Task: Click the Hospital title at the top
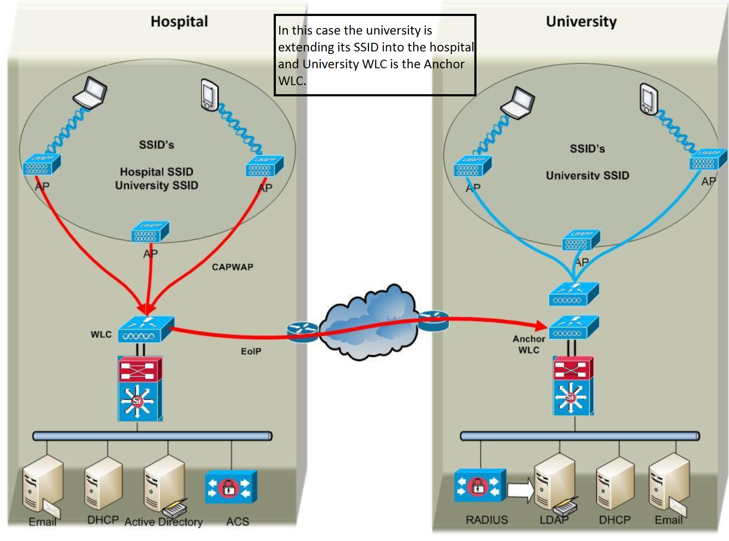click(x=179, y=22)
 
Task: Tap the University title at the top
click(x=581, y=22)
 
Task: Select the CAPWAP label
click(x=232, y=267)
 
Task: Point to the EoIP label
click(x=251, y=351)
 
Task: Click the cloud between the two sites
click(x=370, y=322)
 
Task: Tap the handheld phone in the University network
click(x=649, y=99)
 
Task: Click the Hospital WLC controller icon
click(x=146, y=329)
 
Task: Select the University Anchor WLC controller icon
click(x=573, y=327)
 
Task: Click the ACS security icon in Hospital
click(x=230, y=487)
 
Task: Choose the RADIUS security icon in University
click(x=480, y=485)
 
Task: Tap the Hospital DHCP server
click(x=103, y=483)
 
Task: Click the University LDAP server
click(x=555, y=482)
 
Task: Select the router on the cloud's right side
click(x=433, y=320)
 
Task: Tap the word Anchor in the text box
click(x=444, y=64)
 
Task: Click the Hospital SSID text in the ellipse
click(x=156, y=172)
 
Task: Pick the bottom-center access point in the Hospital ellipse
click(x=150, y=232)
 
